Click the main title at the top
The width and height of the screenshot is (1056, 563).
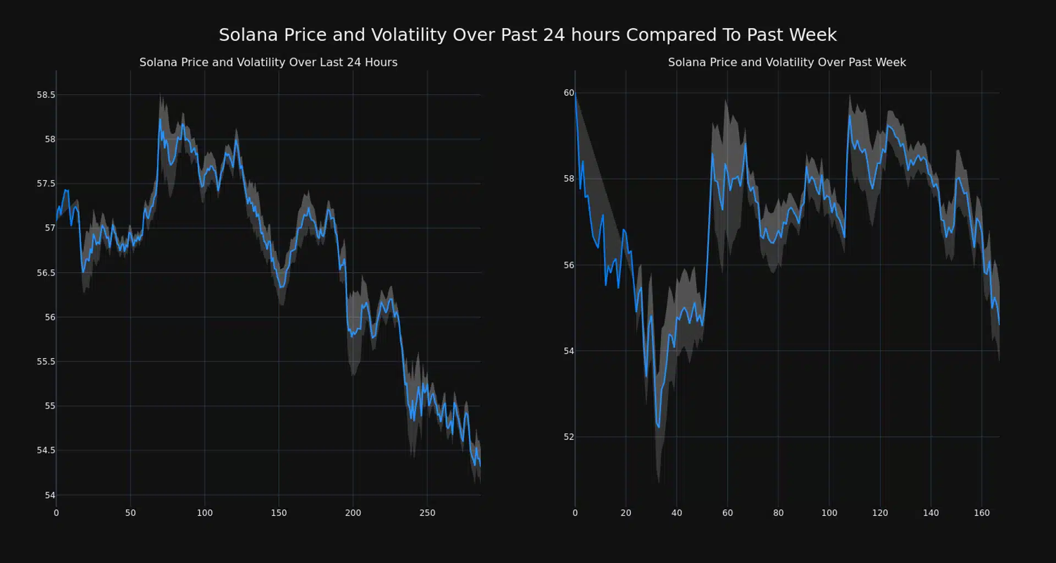pos(527,35)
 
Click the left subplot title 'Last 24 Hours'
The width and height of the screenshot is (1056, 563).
pos(268,63)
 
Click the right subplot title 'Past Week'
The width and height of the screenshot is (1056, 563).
pos(787,63)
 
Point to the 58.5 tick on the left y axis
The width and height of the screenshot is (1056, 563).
pos(46,95)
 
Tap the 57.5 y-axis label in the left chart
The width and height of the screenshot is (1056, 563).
pos(46,184)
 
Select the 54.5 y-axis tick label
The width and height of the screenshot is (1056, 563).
pos(46,450)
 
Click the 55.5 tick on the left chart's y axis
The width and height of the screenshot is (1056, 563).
pos(46,362)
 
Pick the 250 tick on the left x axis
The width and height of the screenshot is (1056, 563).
pos(427,513)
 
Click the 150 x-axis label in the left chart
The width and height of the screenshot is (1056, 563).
pos(278,513)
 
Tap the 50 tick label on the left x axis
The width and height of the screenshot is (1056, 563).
pos(130,513)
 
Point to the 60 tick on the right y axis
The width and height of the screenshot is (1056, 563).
pos(569,93)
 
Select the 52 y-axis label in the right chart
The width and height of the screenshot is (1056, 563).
pos(569,437)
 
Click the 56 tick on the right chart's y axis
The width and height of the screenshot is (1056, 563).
pos(569,265)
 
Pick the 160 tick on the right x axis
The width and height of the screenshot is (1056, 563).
pos(981,513)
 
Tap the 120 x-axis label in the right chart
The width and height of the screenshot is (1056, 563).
pos(879,513)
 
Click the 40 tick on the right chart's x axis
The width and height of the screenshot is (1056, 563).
pos(676,513)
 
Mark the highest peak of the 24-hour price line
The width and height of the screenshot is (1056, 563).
pos(160,119)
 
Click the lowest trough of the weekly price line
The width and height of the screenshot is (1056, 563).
pos(658,427)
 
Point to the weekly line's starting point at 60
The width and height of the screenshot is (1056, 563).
pos(575,94)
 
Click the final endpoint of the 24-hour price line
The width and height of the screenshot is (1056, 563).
pos(480,466)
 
